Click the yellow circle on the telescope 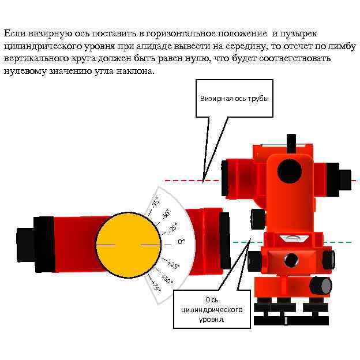point(128,245)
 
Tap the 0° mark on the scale point(181,241)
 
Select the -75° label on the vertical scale point(155,202)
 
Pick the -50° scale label point(165,215)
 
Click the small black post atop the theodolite point(291,141)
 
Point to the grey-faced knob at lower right point(321,285)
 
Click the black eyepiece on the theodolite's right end point(345,178)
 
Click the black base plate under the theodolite point(291,320)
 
